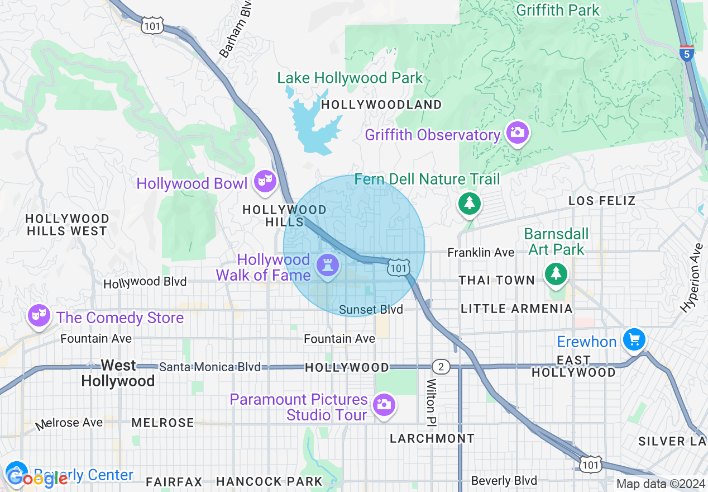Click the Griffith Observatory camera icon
pos(518,132)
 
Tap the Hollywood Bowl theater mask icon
pos(265,181)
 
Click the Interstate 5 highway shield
pos(687,54)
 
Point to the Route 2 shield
pos(441,367)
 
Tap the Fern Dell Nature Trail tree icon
pos(470,202)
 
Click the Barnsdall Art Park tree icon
pos(556,273)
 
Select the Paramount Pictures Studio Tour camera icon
pos(384,404)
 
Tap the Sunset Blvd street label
pos(371,310)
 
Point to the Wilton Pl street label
pos(431,401)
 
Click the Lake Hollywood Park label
pos(350,78)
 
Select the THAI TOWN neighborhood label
pos(496,280)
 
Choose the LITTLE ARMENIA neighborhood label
pos(516,309)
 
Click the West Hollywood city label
pos(118,373)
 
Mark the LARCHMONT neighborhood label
pos(432,438)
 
